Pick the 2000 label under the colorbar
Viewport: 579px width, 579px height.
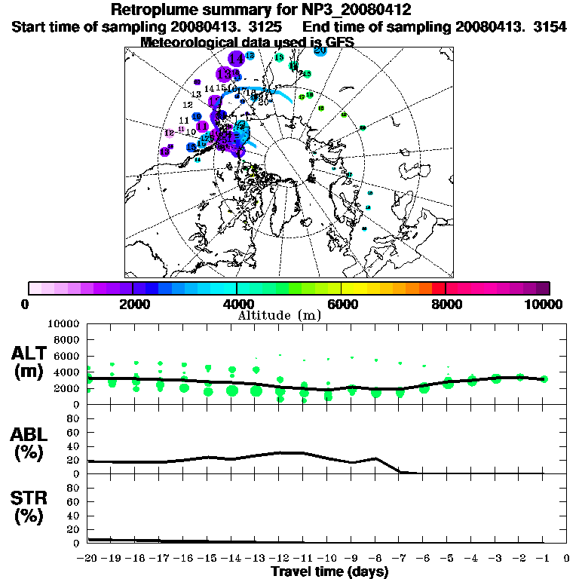pyautogui.click(x=133, y=304)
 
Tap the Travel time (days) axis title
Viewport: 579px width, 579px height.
pyautogui.click(x=329, y=571)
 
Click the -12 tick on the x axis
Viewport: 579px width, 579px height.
pyautogui.click(x=279, y=559)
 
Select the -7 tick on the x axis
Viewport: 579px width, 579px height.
pyautogui.click(x=399, y=559)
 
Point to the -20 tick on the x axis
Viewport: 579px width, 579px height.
pyautogui.click(x=87, y=559)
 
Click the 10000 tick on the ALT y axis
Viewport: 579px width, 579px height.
pyautogui.click(x=63, y=323)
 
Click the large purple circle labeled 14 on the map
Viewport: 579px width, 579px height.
pyautogui.click(x=237, y=58)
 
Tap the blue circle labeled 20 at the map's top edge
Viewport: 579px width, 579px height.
pyautogui.click(x=320, y=51)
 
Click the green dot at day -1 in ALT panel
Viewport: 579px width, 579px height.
pyautogui.click(x=544, y=379)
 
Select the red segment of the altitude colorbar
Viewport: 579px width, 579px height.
pyautogui.click(x=440, y=288)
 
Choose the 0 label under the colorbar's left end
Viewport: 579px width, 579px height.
pyautogui.click(x=26, y=304)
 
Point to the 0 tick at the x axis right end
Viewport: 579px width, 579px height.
pyautogui.click(x=567, y=559)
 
